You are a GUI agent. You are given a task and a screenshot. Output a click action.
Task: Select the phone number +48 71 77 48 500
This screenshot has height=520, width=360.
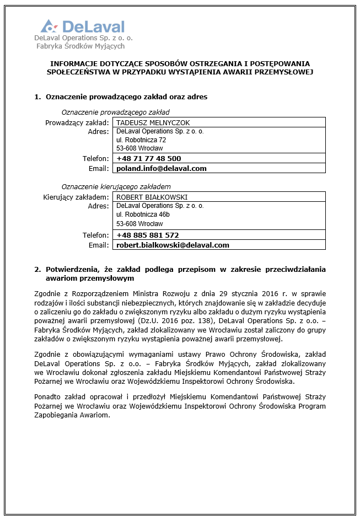point(148,159)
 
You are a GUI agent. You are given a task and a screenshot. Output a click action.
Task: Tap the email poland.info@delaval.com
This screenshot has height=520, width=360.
point(161,168)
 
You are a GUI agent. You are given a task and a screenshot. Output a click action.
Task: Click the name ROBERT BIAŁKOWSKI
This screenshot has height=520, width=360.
point(152,197)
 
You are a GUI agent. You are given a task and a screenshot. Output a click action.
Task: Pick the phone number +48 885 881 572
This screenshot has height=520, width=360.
point(147,235)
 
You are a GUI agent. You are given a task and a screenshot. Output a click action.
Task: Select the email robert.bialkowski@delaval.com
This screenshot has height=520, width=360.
point(173,245)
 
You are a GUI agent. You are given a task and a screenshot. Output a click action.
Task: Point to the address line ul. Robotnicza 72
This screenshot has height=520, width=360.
point(141,140)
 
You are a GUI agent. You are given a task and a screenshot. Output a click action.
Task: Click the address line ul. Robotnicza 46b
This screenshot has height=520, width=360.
point(143,215)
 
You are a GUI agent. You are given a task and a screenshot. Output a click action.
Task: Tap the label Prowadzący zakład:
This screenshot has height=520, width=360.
point(77,122)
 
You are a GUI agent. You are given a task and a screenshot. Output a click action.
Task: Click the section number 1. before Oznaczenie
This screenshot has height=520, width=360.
point(37,97)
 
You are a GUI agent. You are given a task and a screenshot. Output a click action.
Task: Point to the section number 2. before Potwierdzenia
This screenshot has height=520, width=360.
point(37,269)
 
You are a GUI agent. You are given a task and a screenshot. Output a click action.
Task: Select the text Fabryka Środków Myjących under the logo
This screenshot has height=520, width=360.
point(80,46)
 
